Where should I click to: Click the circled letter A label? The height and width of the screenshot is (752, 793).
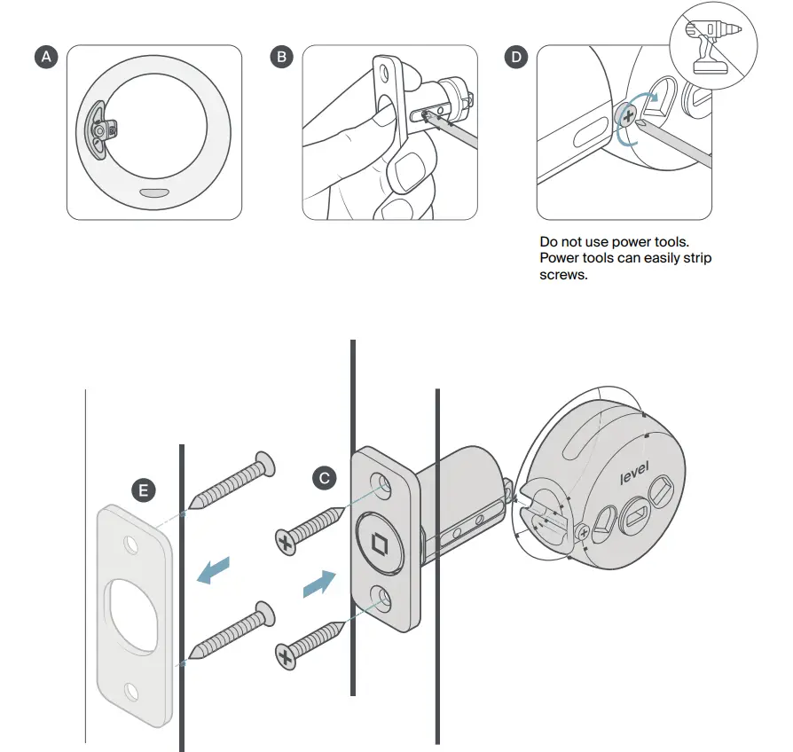47,58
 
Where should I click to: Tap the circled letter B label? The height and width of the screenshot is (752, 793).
282,58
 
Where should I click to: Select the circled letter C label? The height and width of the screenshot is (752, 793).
326,478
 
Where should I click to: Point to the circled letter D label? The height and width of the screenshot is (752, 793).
515,58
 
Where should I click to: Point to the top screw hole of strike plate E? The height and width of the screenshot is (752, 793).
131,540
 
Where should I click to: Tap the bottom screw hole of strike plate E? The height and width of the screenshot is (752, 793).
131,688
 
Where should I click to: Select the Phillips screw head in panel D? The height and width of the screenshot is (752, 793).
629,116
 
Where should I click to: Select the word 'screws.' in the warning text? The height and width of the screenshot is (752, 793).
564,275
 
